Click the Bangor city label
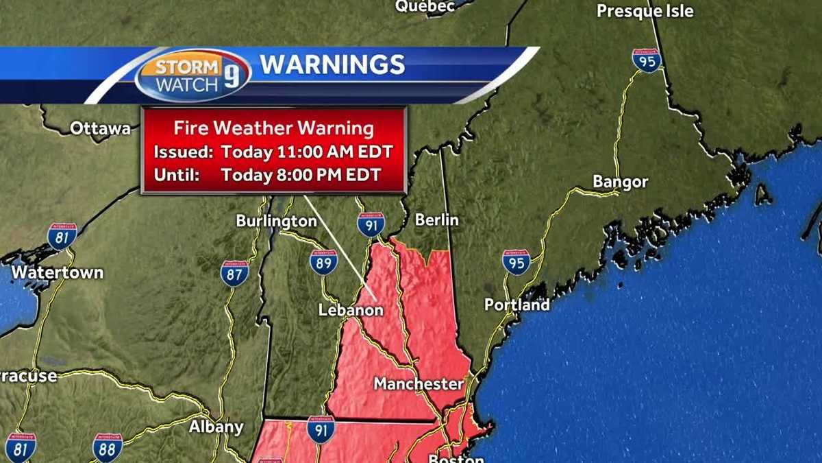(x=620, y=182)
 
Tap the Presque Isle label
(x=645, y=11)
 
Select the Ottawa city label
(x=100, y=128)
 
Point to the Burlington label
(x=276, y=221)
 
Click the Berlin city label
(x=436, y=220)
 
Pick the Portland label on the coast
(x=516, y=305)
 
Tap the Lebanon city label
(x=350, y=310)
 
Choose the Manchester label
(x=418, y=384)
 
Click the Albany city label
(x=216, y=427)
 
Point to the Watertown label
(x=58, y=272)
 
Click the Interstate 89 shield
(x=323, y=261)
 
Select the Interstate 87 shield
(x=234, y=273)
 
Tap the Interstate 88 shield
(x=108, y=447)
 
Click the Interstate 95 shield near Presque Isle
(x=647, y=61)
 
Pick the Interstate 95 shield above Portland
(x=516, y=262)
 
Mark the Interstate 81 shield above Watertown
(x=62, y=236)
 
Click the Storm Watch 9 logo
(x=192, y=75)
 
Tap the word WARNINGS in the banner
(x=332, y=64)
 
